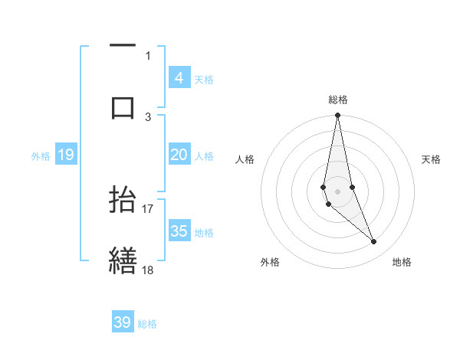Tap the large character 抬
[x=123, y=199]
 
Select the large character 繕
[x=123, y=260]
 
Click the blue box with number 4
[x=179, y=78]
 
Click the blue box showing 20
[x=179, y=155]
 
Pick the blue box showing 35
[x=179, y=231]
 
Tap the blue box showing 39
[x=123, y=322]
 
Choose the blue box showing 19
[x=65, y=155]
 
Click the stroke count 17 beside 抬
[x=148, y=208]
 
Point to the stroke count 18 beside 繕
[x=148, y=270]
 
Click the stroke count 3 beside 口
[x=148, y=116]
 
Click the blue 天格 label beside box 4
[x=204, y=79]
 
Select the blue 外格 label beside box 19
[x=41, y=155]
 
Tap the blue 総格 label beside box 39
[x=147, y=323]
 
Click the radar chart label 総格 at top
[x=337, y=100]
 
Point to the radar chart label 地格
[x=402, y=262]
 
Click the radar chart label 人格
[x=245, y=159]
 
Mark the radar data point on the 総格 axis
[x=337, y=116]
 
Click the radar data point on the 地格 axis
[x=374, y=242]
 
